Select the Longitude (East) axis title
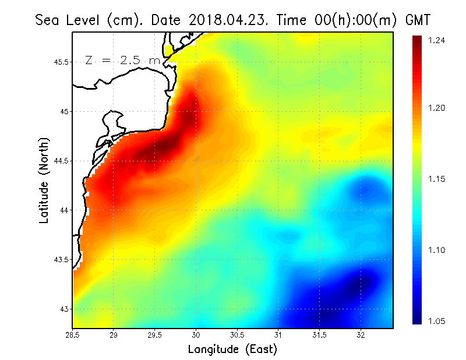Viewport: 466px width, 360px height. [x=232, y=350]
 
